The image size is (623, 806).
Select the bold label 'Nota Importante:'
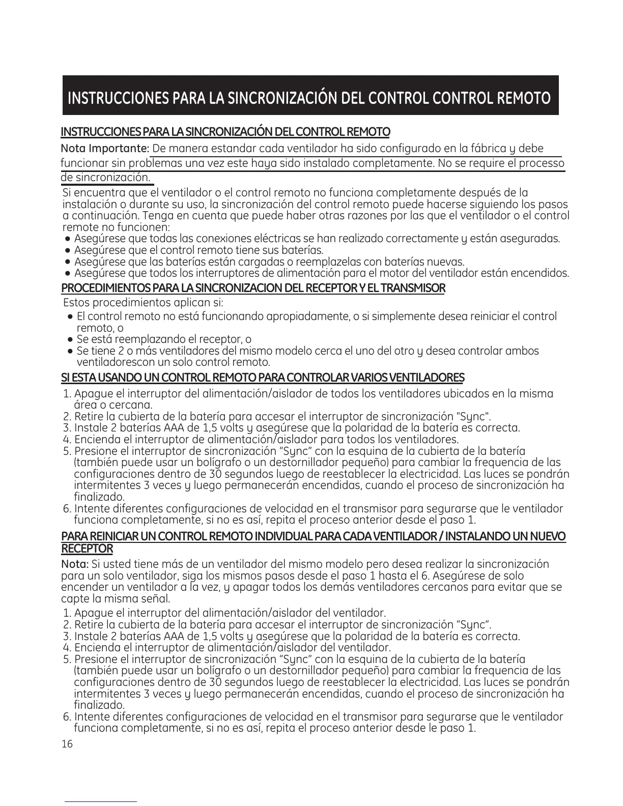pos(105,149)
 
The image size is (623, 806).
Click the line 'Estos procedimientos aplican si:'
pos(143,303)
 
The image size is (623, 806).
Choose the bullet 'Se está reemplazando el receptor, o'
pos(163,339)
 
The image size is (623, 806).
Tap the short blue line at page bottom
pos(101,801)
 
